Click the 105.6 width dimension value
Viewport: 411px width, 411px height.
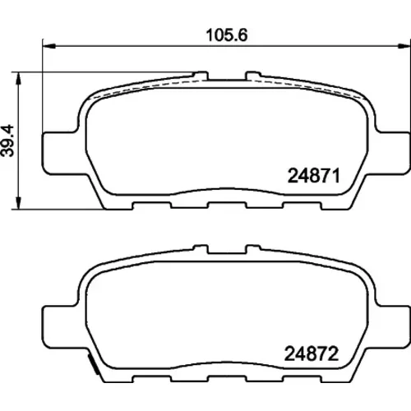coord(227,35)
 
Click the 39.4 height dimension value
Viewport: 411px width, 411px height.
coord(7,141)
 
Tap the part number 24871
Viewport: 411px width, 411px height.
coord(314,176)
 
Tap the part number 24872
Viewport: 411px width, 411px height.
coord(312,353)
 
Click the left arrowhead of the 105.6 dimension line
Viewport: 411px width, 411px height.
coord(49,46)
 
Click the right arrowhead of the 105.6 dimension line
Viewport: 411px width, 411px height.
coord(404,46)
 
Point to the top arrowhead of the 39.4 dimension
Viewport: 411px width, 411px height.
coord(18,79)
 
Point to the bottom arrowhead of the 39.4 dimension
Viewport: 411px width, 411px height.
coord(18,203)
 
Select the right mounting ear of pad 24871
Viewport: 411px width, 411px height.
coord(392,153)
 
